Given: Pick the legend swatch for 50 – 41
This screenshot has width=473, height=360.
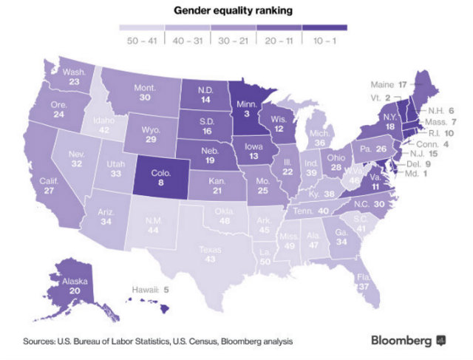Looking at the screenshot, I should coord(141,29).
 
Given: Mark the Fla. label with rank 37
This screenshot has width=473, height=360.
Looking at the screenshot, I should coord(363,282).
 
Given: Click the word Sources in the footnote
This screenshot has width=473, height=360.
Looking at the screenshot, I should coord(40,342).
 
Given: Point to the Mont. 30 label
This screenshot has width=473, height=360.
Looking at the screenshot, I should coord(145,93).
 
